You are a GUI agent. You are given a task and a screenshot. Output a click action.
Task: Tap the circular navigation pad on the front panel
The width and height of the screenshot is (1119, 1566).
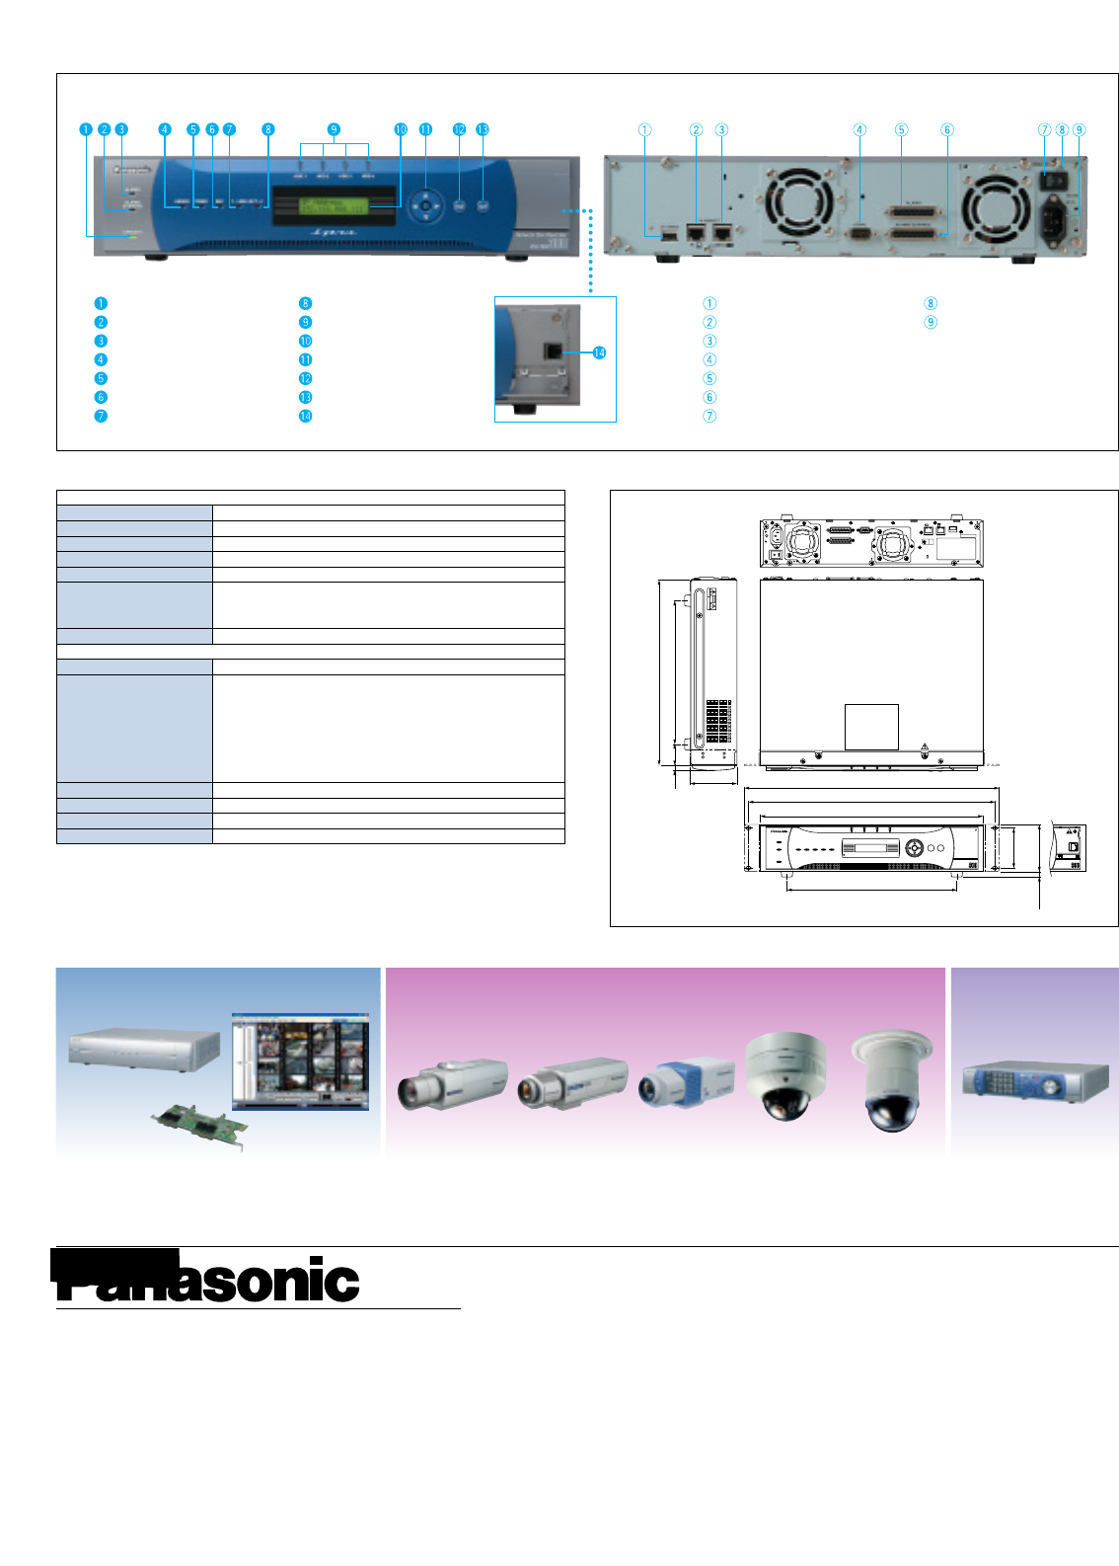point(425,206)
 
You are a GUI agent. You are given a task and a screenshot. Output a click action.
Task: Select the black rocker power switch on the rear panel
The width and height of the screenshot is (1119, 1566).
point(1051,182)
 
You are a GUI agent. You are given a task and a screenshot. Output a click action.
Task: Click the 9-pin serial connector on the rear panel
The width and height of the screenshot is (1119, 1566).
point(859,233)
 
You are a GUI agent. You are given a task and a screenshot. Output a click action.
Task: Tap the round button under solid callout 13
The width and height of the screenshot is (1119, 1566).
point(483,206)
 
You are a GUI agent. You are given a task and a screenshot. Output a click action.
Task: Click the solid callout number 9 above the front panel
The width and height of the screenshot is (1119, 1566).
point(334,129)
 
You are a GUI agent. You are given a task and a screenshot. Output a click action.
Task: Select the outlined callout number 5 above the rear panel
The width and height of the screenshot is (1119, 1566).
point(901,129)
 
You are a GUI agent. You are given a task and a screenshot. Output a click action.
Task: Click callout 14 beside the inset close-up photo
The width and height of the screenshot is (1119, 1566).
point(599,352)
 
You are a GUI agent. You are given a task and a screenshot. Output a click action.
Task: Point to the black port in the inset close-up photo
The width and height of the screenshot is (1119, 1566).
point(554,351)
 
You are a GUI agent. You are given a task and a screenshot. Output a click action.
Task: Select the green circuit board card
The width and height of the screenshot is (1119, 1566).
point(199,1125)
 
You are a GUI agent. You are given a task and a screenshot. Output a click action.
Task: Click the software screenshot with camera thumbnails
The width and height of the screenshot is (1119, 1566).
point(301,1060)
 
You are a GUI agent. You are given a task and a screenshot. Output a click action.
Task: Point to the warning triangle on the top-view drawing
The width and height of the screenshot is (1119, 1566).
point(925,746)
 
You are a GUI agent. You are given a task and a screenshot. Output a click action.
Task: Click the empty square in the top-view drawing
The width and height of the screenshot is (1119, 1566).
point(871,727)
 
